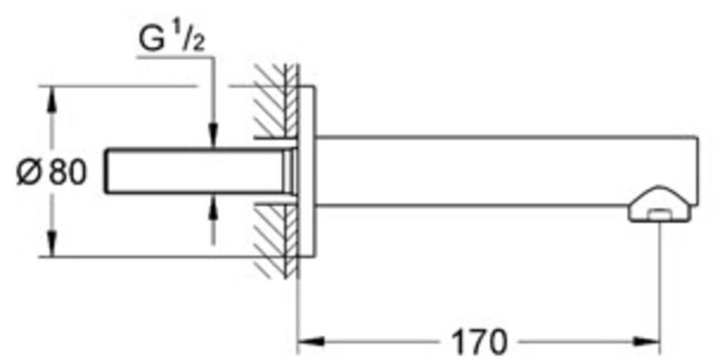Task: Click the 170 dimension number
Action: (x=479, y=341)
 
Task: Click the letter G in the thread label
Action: (x=152, y=40)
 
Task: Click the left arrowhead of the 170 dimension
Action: (x=311, y=341)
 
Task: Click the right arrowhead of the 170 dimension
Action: (x=648, y=341)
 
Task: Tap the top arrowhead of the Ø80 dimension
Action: (x=51, y=100)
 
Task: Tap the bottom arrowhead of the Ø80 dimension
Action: (x=51, y=243)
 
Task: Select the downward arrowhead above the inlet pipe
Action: (x=213, y=136)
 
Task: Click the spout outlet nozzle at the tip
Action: (x=660, y=204)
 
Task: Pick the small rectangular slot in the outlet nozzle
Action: (x=660, y=214)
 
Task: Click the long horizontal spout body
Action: (x=505, y=172)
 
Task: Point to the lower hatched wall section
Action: (x=276, y=240)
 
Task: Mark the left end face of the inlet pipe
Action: (x=106, y=172)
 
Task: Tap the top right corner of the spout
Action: (x=698, y=136)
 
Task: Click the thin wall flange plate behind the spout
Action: (x=307, y=172)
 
